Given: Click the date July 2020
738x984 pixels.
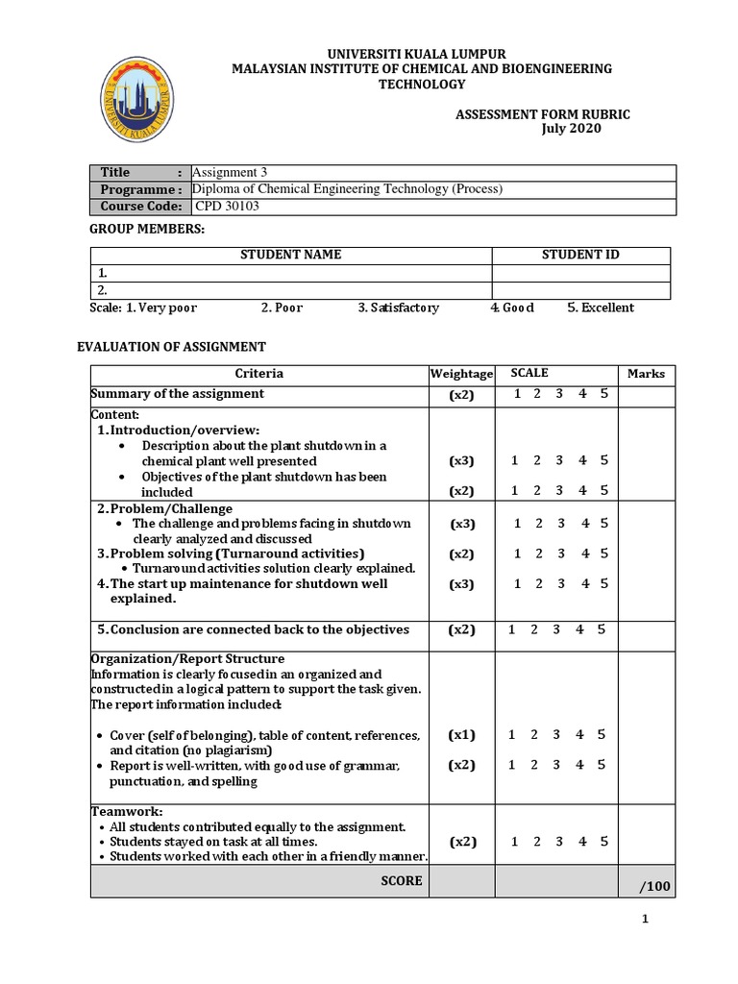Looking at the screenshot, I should pyautogui.click(x=575, y=130).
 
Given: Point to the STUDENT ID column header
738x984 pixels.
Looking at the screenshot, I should pyautogui.click(x=580, y=255).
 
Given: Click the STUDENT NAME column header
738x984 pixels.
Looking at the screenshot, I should pyautogui.click(x=290, y=255).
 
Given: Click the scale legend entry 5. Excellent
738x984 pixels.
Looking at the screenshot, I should pyautogui.click(x=601, y=308).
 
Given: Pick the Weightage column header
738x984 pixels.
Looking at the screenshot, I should pyautogui.click(x=461, y=374).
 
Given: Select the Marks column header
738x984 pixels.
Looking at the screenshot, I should pyautogui.click(x=646, y=374).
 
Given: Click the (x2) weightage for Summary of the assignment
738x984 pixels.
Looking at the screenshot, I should pyautogui.click(x=461, y=395).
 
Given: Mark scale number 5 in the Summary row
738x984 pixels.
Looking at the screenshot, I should pyautogui.click(x=604, y=394).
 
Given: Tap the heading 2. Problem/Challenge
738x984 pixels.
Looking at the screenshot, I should pyautogui.click(x=164, y=508).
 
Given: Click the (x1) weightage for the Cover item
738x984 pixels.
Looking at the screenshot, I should pyautogui.click(x=461, y=735).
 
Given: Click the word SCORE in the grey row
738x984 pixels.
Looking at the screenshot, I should pyautogui.click(x=402, y=880).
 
